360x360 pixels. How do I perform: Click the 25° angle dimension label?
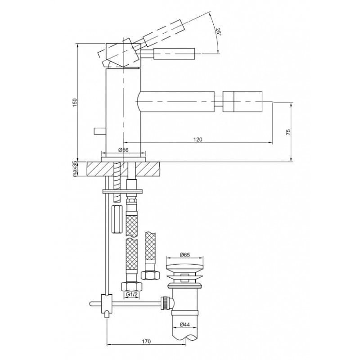coord(218,31)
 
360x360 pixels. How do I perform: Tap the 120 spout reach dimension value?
coord(198,139)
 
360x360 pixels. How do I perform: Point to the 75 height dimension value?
coord(288,132)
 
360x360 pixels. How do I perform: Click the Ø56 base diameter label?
coord(123,150)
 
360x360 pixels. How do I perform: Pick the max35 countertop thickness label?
coord(75,169)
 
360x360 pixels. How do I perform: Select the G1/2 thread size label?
coord(131,294)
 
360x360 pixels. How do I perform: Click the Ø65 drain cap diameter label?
coord(184,255)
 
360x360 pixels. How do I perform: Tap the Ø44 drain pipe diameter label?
coord(184,324)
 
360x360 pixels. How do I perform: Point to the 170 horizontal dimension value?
coord(146,341)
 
